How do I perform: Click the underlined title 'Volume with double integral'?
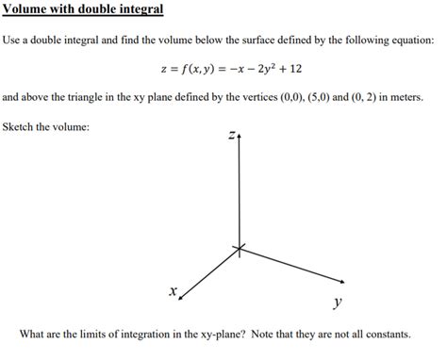(83, 9)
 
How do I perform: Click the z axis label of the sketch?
(229, 138)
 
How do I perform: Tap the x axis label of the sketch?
(172, 293)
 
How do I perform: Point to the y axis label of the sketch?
(337, 303)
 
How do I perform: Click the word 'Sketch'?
(22, 126)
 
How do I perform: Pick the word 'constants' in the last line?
(388, 335)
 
